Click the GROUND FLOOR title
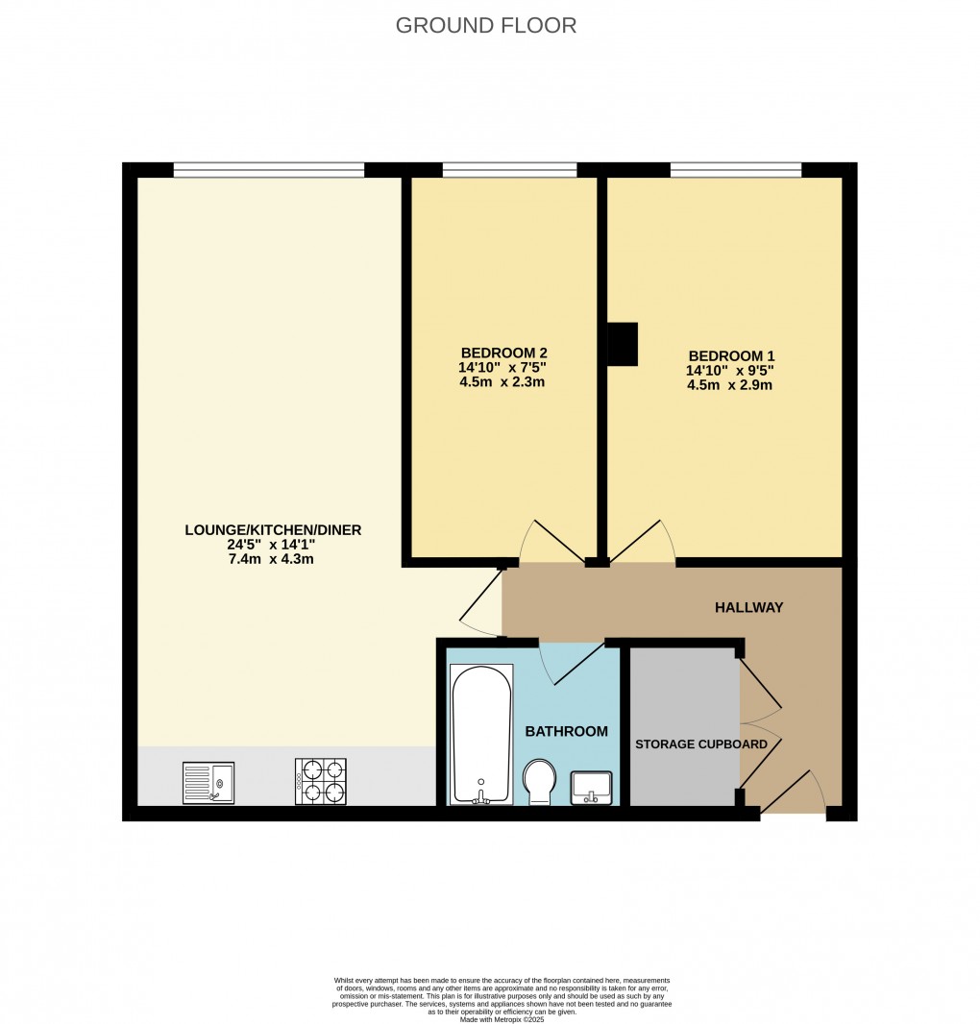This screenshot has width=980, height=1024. (486, 26)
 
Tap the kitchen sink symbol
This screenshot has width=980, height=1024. (208, 782)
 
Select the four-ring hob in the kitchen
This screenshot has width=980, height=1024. (321, 781)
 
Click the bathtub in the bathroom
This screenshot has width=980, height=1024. (481, 734)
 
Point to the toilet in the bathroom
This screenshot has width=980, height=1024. (539, 781)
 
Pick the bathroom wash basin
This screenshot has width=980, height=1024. (591, 787)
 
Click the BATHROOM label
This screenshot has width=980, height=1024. (566, 731)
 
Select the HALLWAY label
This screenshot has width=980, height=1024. (748, 607)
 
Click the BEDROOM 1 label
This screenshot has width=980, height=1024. (729, 354)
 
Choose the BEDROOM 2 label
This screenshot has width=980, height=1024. (503, 352)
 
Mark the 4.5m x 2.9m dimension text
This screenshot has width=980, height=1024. (729, 385)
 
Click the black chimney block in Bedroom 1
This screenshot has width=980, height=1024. (623, 344)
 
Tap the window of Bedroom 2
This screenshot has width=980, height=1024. (509, 170)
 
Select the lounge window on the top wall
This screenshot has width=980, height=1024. (269, 170)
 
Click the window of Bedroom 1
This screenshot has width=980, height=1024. (735, 170)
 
